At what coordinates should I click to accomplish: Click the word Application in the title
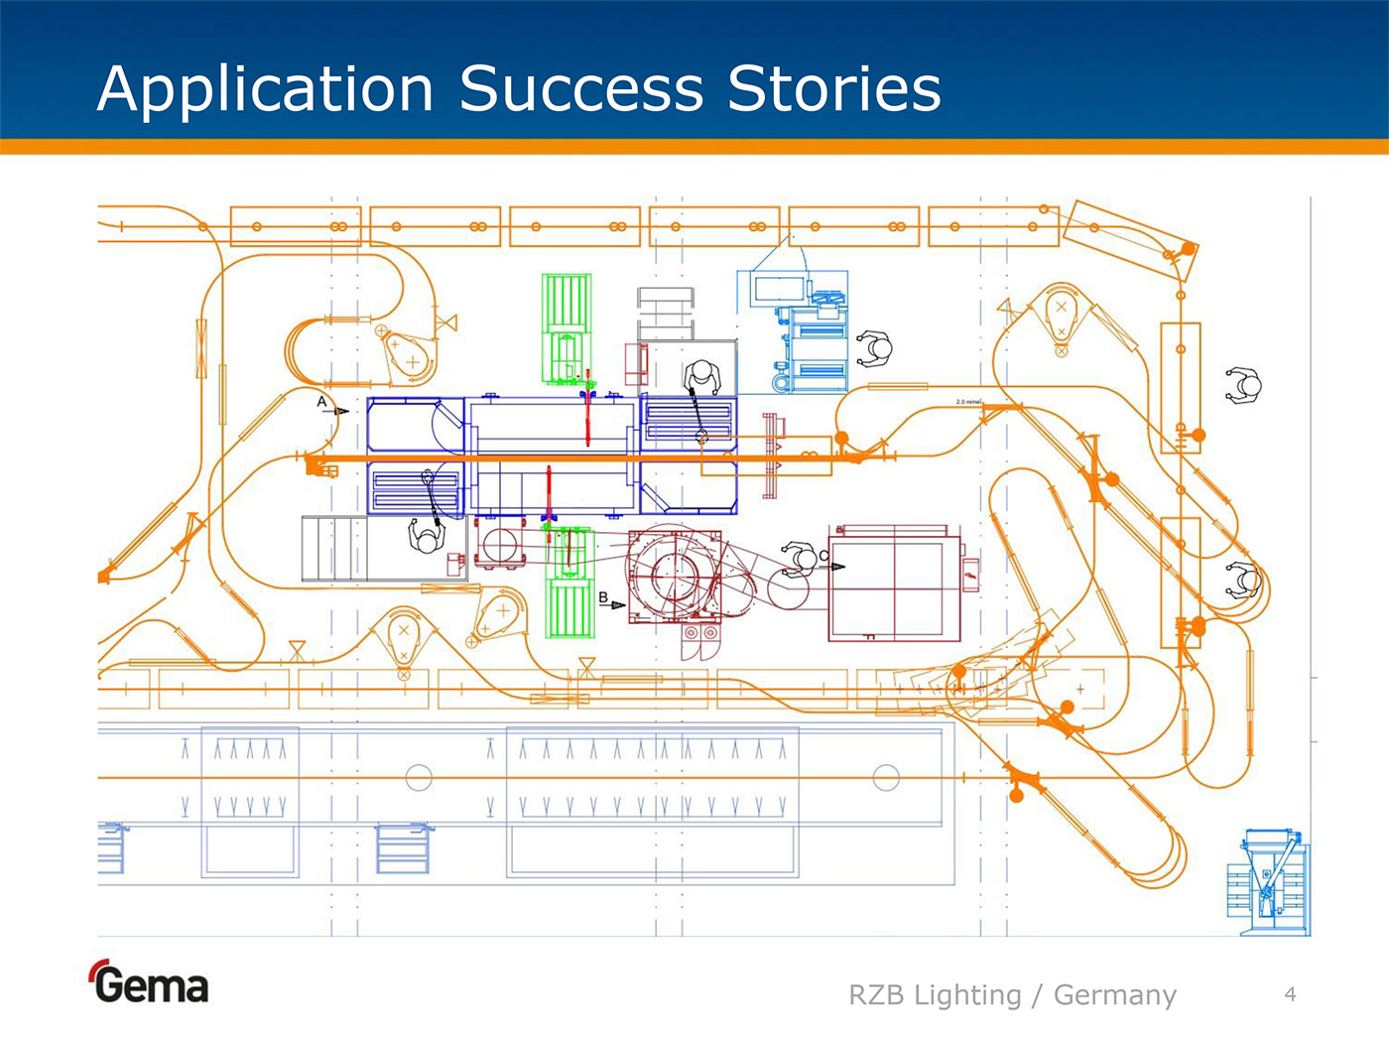pyautogui.click(x=266, y=89)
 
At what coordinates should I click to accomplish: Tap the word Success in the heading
pyautogui.click(x=580, y=89)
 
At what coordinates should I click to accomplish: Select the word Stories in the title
pyautogui.click(x=833, y=89)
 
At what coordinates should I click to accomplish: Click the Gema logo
pyautogui.click(x=150, y=983)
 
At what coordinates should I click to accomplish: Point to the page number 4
pyautogui.click(x=1290, y=993)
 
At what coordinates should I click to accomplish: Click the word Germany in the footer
pyautogui.click(x=1114, y=994)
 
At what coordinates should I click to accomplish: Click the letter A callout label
pyautogui.click(x=321, y=402)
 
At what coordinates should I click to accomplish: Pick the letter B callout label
pyautogui.click(x=603, y=597)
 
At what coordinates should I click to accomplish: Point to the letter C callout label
pyautogui.click(x=823, y=556)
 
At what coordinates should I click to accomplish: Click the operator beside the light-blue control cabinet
pyautogui.click(x=874, y=347)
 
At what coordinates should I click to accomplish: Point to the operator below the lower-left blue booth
pyautogui.click(x=428, y=536)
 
